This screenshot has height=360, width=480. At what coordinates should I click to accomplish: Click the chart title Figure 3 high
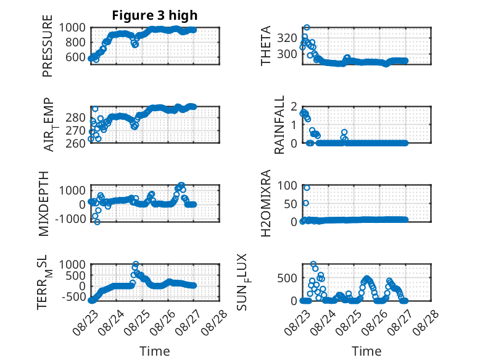point(155,15)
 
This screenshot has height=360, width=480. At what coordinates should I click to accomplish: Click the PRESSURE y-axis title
point(48,46)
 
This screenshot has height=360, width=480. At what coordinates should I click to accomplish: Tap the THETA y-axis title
point(266,46)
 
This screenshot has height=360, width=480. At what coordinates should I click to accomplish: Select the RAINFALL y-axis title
point(279,125)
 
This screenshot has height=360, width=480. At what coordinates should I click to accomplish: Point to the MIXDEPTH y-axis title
point(44,204)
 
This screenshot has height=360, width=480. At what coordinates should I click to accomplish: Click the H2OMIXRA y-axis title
point(266,203)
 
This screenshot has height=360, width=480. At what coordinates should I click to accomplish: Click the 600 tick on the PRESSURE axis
point(75,57)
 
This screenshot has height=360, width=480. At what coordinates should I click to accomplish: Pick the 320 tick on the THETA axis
point(287,38)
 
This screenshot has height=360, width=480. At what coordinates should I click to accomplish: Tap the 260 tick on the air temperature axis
point(75,143)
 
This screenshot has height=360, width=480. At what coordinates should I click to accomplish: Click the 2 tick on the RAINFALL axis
point(294,107)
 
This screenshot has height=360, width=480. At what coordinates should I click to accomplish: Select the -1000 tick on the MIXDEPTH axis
point(70,219)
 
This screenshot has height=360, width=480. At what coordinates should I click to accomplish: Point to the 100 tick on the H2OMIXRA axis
point(287,185)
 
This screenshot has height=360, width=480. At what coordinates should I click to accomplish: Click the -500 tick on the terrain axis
point(74,296)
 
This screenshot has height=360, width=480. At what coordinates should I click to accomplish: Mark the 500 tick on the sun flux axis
point(287,278)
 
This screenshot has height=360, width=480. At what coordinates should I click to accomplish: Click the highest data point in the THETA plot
point(307,28)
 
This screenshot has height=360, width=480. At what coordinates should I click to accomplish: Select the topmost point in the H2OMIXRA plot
point(307,188)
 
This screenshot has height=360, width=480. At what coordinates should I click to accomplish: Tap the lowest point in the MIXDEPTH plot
point(97,222)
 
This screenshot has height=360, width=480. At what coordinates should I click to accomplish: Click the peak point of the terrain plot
point(136,264)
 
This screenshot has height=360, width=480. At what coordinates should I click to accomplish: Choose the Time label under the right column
point(366,351)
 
